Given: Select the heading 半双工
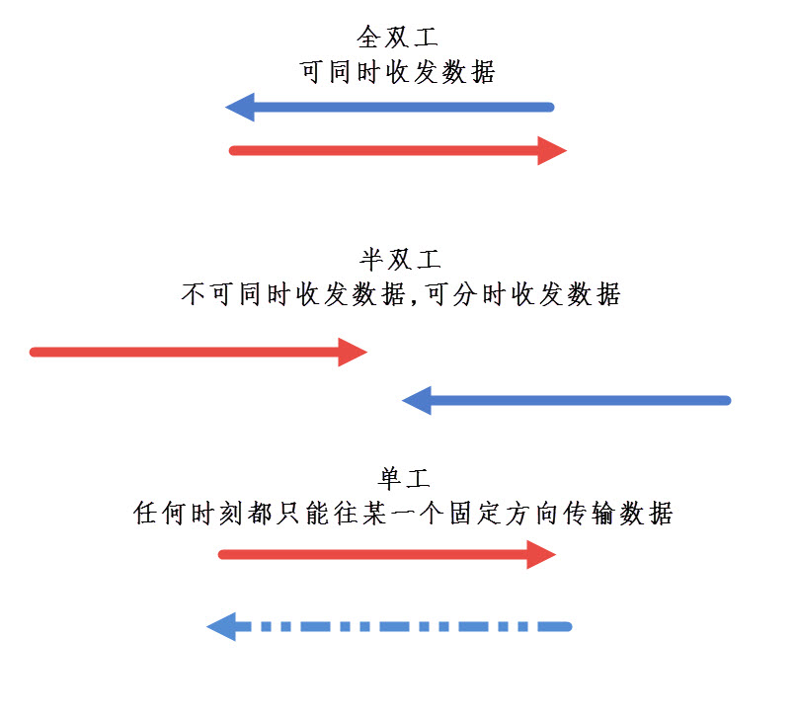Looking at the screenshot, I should [x=399, y=260].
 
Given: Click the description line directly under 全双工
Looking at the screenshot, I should [x=397, y=72].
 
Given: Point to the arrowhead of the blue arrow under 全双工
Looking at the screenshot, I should [x=239, y=106].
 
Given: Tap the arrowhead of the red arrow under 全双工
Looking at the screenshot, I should [x=552, y=150].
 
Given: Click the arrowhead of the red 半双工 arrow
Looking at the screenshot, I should [x=353, y=352].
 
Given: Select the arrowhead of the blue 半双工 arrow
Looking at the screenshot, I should [x=417, y=400].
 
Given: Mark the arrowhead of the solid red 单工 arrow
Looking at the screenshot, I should [x=542, y=554].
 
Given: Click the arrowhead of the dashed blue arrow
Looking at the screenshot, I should [x=221, y=626].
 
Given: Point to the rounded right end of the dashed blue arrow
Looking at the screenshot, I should [x=566, y=626].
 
